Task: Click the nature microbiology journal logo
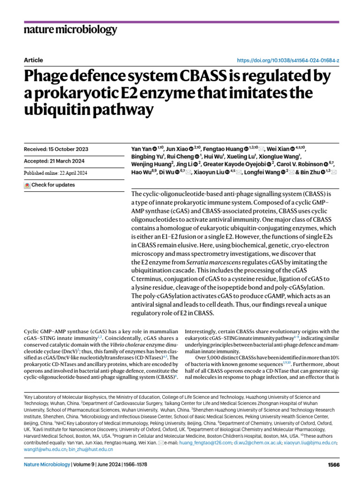coord(70,30)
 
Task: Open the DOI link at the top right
coord(288,61)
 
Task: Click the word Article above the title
coord(33,60)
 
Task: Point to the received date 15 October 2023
coord(56,149)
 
